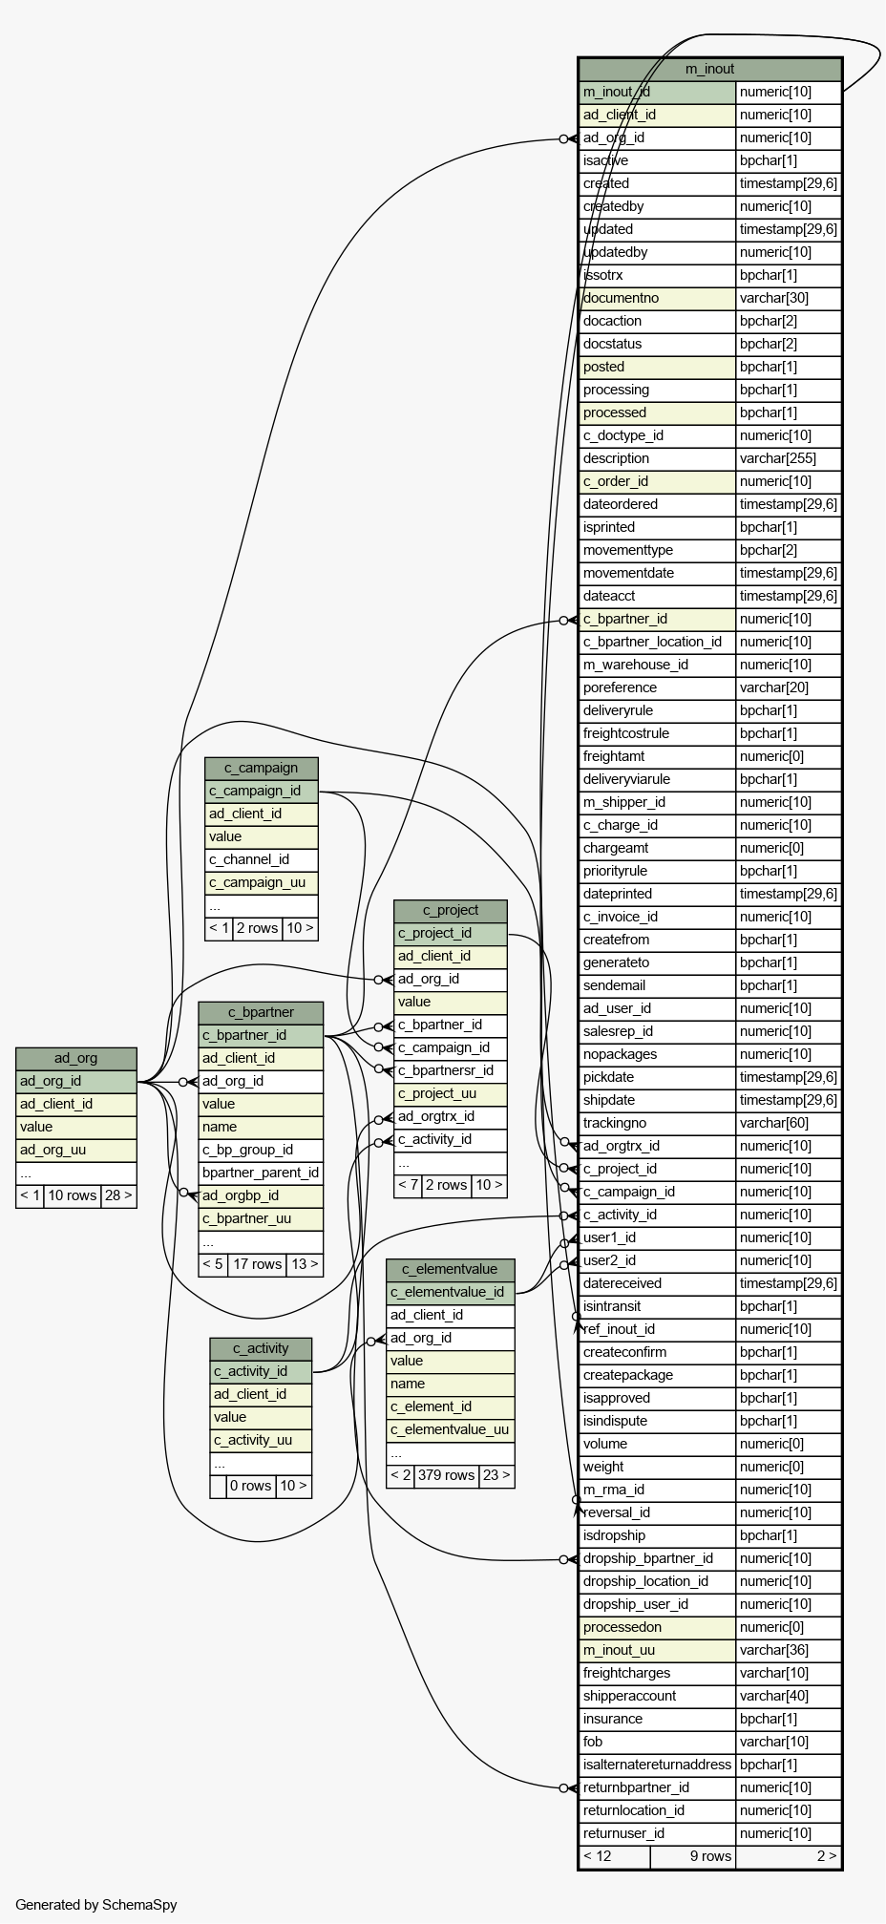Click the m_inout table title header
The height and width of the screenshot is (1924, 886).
pos(710,69)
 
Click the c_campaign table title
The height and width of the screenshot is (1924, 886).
pos(261,768)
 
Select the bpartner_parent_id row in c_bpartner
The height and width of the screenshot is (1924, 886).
pos(261,1173)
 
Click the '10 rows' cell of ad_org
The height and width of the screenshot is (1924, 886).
pos(73,1195)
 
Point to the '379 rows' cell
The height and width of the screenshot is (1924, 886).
pos(446,1475)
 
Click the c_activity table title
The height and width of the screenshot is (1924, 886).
pos(261,1348)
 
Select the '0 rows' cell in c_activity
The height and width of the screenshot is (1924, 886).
pos(251,1486)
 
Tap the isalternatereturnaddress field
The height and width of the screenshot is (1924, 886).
pos(657,1765)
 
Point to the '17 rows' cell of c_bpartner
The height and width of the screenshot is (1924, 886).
pos(257,1264)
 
